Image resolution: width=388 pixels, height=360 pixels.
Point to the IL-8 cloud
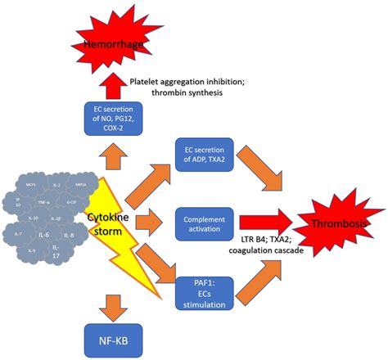tap(70, 235)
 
